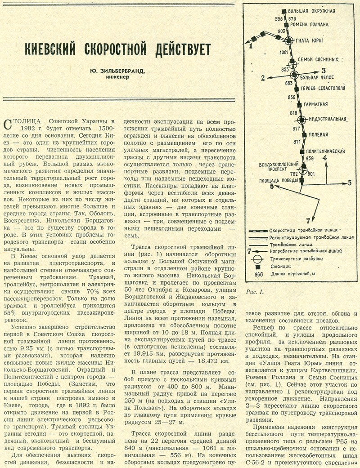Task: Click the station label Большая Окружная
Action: (311, 10)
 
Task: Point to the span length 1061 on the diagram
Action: (283, 53)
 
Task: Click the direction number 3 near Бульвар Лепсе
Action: (323, 70)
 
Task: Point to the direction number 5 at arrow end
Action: (349, 183)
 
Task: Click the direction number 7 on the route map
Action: (308, 220)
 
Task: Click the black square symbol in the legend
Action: (258, 266)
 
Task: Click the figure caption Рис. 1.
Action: (255, 291)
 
